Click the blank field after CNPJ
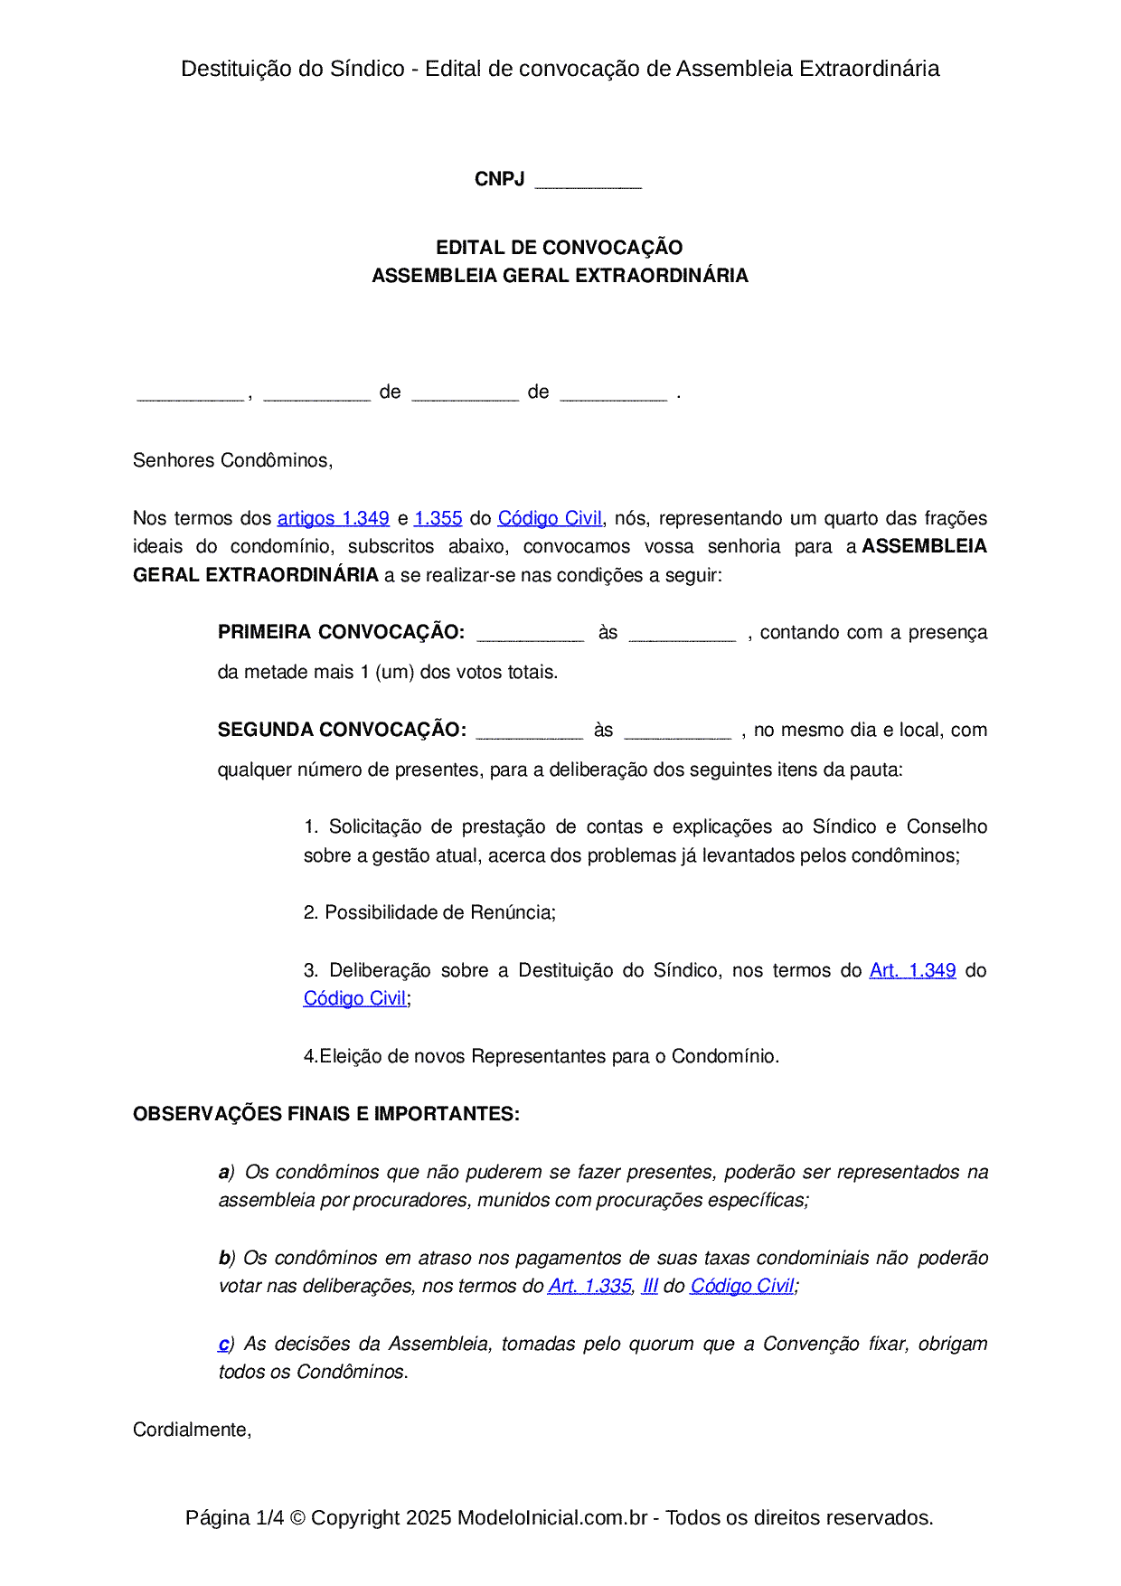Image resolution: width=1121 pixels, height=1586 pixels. [x=588, y=181]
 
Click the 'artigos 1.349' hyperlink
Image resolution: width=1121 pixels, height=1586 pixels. [x=333, y=519]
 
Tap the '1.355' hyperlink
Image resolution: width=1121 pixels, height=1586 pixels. [x=438, y=519]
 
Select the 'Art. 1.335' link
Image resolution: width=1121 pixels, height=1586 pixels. [x=589, y=1287]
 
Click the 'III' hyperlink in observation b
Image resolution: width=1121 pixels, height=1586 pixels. [x=649, y=1287]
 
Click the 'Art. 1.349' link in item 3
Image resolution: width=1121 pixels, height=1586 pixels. [x=912, y=971]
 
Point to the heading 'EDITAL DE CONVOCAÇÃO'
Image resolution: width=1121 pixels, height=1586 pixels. [x=560, y=248]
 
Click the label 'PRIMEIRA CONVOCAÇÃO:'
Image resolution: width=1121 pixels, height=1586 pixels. [x=341, y=633]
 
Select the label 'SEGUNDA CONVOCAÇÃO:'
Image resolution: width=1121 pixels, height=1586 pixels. [x=342, y=731]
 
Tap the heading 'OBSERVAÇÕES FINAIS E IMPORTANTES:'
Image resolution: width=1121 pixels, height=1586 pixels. [x=326, y=1115]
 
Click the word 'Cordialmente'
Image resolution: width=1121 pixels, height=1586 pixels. [x=190, y=1430]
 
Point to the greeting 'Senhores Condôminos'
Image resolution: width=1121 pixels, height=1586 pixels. [x=231, y=461]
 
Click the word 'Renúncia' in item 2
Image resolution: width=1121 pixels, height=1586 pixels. [x=515, y=913]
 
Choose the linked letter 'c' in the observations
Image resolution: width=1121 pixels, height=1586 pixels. [x=223, y=1345]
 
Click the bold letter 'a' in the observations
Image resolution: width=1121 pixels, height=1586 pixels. [x=223, y=1173]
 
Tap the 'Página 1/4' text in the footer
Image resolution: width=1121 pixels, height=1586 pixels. [x=234, y=1518]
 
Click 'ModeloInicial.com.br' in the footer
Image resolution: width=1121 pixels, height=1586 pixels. [x=552, y=1518]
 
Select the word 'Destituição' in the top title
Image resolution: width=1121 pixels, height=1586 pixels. [x=231, y=69]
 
